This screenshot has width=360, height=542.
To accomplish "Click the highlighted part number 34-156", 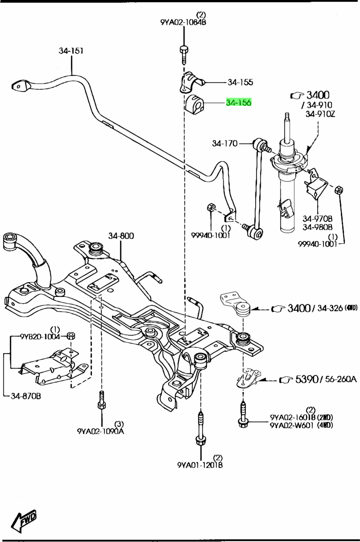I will click(x=239, y=103).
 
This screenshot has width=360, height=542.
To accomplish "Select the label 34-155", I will click(x=240, y=82).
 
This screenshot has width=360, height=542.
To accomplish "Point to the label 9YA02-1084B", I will click(x=183, y=21).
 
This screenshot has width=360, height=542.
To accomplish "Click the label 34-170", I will click(x=225, y=143).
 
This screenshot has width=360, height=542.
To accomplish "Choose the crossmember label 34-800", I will click(x=121, y=236).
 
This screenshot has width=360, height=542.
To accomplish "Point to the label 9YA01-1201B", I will click(x=200, y=465).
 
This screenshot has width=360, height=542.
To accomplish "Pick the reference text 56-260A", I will click(x=339, y=379).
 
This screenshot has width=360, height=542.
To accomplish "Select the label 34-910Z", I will click(x=320, y=114).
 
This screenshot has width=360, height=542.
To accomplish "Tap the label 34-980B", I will click(x=318, y=226).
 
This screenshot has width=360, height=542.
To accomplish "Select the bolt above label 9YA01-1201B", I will click(x=200, y=429).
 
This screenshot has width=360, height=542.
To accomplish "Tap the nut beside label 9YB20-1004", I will click(x=70, y=336).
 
